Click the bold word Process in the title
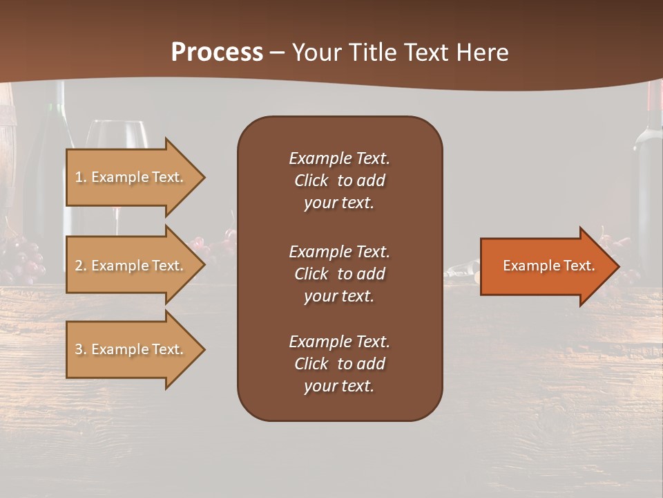[217, 53]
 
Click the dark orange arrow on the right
[546, 266]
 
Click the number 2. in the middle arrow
[81, 266]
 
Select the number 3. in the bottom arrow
[81, 349]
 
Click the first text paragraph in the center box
[339, 181]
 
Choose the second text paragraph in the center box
[339, 274]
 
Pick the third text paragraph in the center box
[339, 364]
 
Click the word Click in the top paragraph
[311, 181]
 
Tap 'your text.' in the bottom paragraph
[339, 387]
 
